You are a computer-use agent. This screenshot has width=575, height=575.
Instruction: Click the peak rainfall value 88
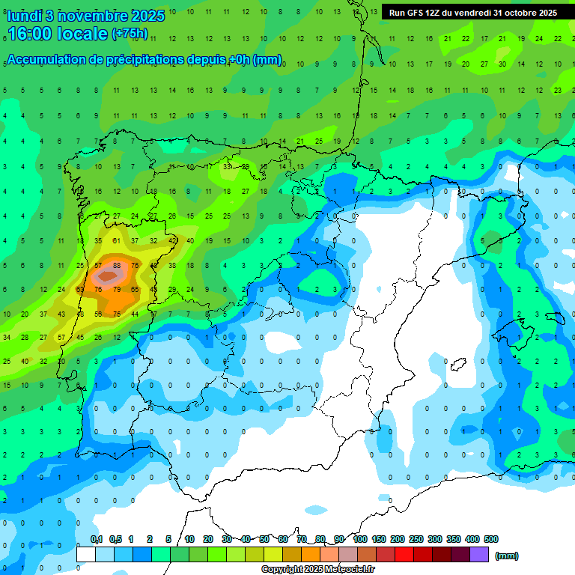[x=116, y=265]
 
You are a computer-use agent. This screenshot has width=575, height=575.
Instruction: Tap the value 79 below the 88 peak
[x=116, y=289]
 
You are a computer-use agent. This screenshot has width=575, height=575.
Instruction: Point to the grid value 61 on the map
[x=116, y=241]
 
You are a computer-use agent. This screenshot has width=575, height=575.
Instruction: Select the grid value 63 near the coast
[x=80, y=289]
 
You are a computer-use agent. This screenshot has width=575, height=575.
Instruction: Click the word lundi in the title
[x=25, y=16]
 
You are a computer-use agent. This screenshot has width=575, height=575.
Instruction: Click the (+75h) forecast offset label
[x=130, y=34]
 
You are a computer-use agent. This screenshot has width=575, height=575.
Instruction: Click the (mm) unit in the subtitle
[x=267, y=60]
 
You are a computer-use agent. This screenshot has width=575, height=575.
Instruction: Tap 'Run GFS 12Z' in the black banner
[x=416, y=13]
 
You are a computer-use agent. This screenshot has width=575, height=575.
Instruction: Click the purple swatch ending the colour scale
[x=480, y=555]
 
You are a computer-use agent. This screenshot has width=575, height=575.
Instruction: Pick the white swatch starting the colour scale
[x=86, y=555]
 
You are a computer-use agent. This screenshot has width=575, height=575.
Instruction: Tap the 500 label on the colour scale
[x=491, y=539]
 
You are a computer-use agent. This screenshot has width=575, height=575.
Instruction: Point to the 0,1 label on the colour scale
[x=97, y=539]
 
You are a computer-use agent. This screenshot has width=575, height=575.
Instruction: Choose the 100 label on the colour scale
[x=360, y=539]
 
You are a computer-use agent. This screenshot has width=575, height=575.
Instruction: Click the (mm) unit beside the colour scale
[x=507, y=556]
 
